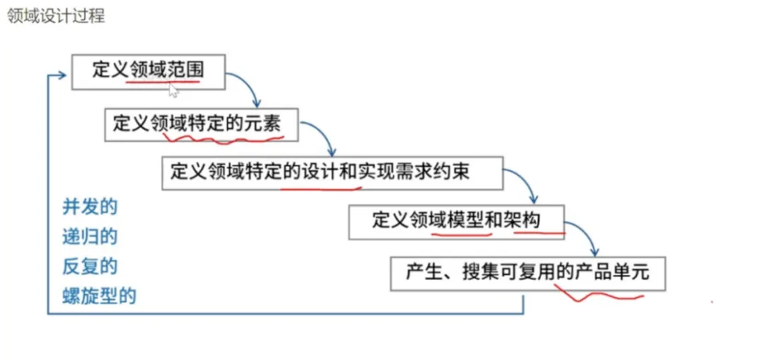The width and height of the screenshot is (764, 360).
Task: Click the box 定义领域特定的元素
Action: pos(202,123)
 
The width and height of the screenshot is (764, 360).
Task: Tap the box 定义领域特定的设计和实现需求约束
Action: pos(332,172)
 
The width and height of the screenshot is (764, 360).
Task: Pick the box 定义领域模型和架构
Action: pos(457,221)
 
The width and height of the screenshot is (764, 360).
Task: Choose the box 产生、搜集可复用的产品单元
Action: pos(528,272)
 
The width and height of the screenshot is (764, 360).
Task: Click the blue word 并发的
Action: pos(89,207)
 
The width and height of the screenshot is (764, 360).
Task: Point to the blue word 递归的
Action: pos(89,237)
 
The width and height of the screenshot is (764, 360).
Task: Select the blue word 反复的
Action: pos(89,267)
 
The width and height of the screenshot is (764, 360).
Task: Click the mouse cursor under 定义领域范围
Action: pos(173,89)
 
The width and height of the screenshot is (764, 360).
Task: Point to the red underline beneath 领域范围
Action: pos(163,83)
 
